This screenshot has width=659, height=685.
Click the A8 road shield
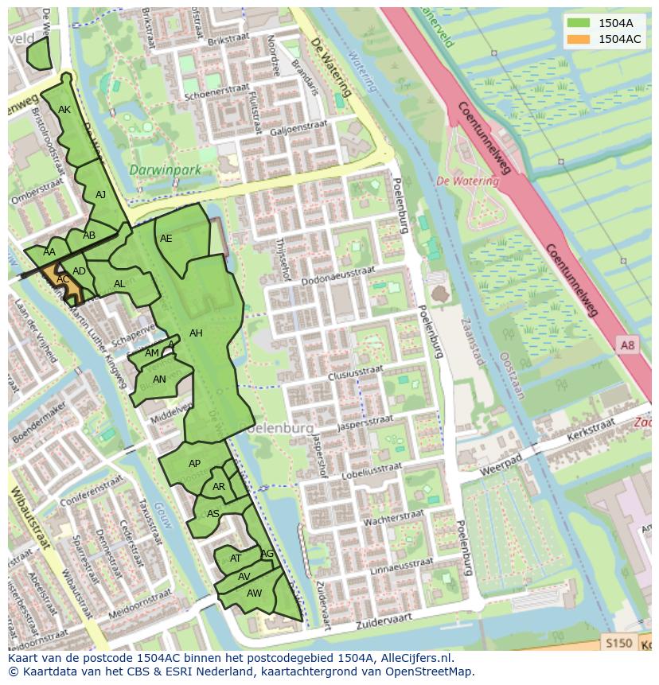pyautogui.click(x=628, y=344)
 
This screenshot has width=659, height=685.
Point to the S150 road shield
pyautogui.click(x=618, y=643)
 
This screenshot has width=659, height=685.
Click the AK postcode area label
pyautogui.click(x=64, y=110)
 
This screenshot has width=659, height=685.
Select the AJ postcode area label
pyautogui.click(x=100, y=194)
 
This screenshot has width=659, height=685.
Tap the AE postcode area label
pyautogui.click(x=166, y=238)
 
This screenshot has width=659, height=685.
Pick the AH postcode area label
pyautogui.click(x=196, y=333)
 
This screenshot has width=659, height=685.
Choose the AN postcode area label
pyautogui.click(x=159, y=379)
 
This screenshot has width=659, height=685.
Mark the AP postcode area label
pyautogui.click(x=194, y=463)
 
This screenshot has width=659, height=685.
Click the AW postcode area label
pyautogui.click(x=254, y=594)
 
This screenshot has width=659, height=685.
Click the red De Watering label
pyautogui.click(x=467, y=181)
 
